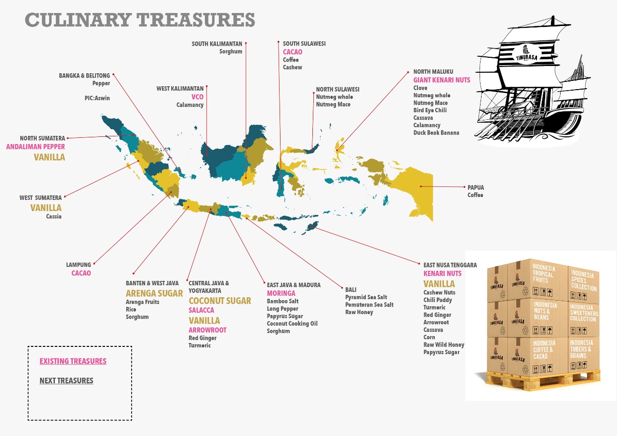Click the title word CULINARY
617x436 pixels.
(77, 20)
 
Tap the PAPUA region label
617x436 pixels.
(475, 187)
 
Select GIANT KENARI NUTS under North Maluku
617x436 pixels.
(442, 80)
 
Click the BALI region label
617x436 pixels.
(351, 290)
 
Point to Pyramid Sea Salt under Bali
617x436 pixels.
(366, 297)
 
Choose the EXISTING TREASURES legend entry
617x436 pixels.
(73, 361)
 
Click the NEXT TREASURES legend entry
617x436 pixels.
(67, 381)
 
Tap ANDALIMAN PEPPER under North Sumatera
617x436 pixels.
(35, 147)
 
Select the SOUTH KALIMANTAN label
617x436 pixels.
(217, 44)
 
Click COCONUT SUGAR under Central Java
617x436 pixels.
(220, 301)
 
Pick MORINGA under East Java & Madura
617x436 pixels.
(281, 293)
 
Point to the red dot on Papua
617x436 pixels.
(420, 186)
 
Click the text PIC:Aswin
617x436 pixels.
(97, 98)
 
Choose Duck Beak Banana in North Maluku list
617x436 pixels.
(436, 132)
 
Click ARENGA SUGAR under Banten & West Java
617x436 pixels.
(154, 293)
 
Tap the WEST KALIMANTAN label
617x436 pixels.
(180, 89)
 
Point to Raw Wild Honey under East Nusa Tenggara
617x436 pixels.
(443, 345)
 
